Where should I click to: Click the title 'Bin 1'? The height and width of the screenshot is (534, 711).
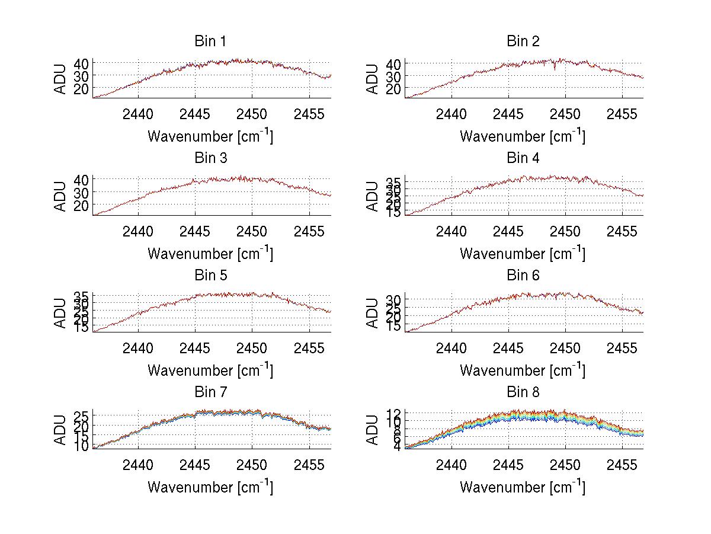click(210, 41)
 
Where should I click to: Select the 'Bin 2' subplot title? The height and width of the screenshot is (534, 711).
click(523, 41)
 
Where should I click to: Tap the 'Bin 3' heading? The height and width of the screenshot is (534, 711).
click(210, 158)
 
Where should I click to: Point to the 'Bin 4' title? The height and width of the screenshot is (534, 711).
click(523, 158)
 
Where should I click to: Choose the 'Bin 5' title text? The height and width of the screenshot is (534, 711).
click(210, 276)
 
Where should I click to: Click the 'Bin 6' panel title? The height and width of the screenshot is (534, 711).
click(523, 276)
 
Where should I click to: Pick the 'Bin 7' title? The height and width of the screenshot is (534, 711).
click(210, 392)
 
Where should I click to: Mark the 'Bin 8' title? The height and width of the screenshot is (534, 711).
click(523, 392)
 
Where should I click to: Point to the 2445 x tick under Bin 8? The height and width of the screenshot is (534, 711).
click(508, 464)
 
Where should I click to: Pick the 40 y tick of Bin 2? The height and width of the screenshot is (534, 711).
click(393, 63)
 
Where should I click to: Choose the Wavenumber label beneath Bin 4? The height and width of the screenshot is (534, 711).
click(523, 253)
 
